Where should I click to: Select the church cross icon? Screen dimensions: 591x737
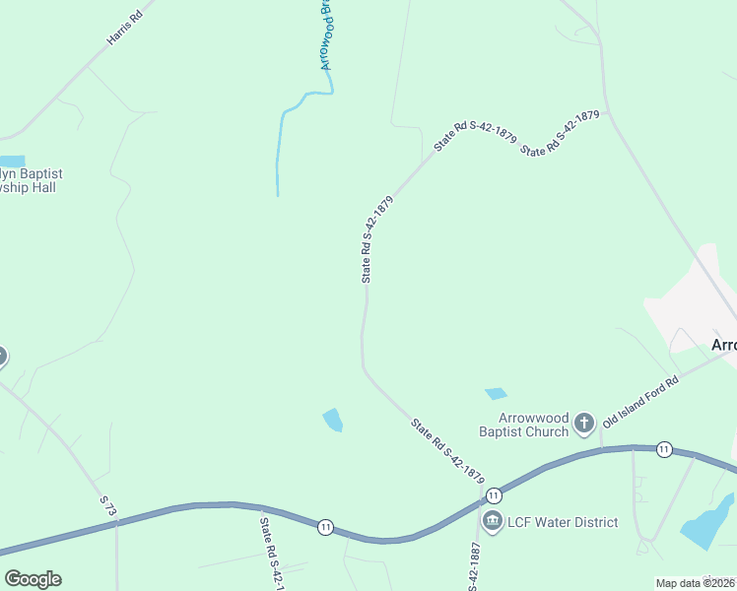(x=583, y=425)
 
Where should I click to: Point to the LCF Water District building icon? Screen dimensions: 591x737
(x=493, y=521)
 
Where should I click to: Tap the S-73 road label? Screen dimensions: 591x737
(x=108, y=507)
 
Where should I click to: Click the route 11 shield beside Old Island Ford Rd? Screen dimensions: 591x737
(x=665, y=449)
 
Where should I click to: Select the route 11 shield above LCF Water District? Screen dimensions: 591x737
(x=494, y=494)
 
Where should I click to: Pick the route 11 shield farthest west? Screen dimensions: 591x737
(x=325, y=528)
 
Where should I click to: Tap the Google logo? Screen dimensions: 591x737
(x=33, y=578)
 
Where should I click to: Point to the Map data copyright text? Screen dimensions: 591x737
(x=696, y=583)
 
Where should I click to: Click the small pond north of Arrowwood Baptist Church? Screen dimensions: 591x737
(x=496, y=394)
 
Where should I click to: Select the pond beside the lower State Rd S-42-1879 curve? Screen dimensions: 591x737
(x=333, y=420)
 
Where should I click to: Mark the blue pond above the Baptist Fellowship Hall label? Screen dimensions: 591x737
(x=12, y=162)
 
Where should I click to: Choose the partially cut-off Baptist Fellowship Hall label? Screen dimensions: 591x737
(x=30, y=180)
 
